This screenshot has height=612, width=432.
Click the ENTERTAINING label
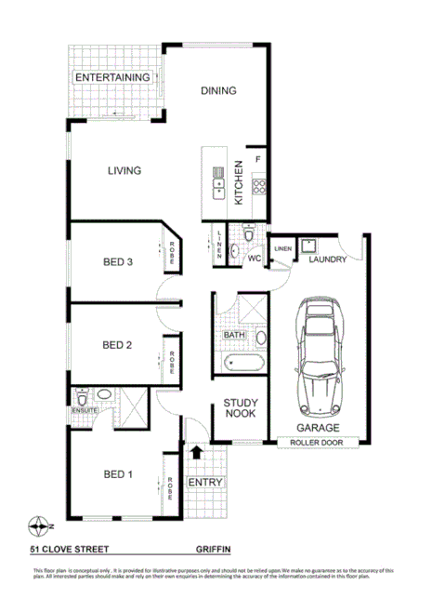click(x=112, y=77)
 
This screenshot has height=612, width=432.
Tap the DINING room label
click(x=219, y=91)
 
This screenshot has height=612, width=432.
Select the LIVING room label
click(x=124, y=171)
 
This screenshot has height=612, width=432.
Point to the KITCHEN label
click(x=239, y=182)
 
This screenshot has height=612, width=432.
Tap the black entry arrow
click(x=197, y=451)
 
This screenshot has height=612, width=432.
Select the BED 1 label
click(x=118, y=475)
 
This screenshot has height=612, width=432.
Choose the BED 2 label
click(x=117, y=346)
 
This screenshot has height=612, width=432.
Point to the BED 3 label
click(x=118, y=262)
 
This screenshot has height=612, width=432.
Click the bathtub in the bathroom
click(x=244, y=361)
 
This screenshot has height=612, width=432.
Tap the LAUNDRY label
click(x=329, y=259)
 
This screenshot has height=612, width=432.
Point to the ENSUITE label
click(x=85, y=410)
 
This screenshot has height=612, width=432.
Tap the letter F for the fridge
click(x=258, y=159)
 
